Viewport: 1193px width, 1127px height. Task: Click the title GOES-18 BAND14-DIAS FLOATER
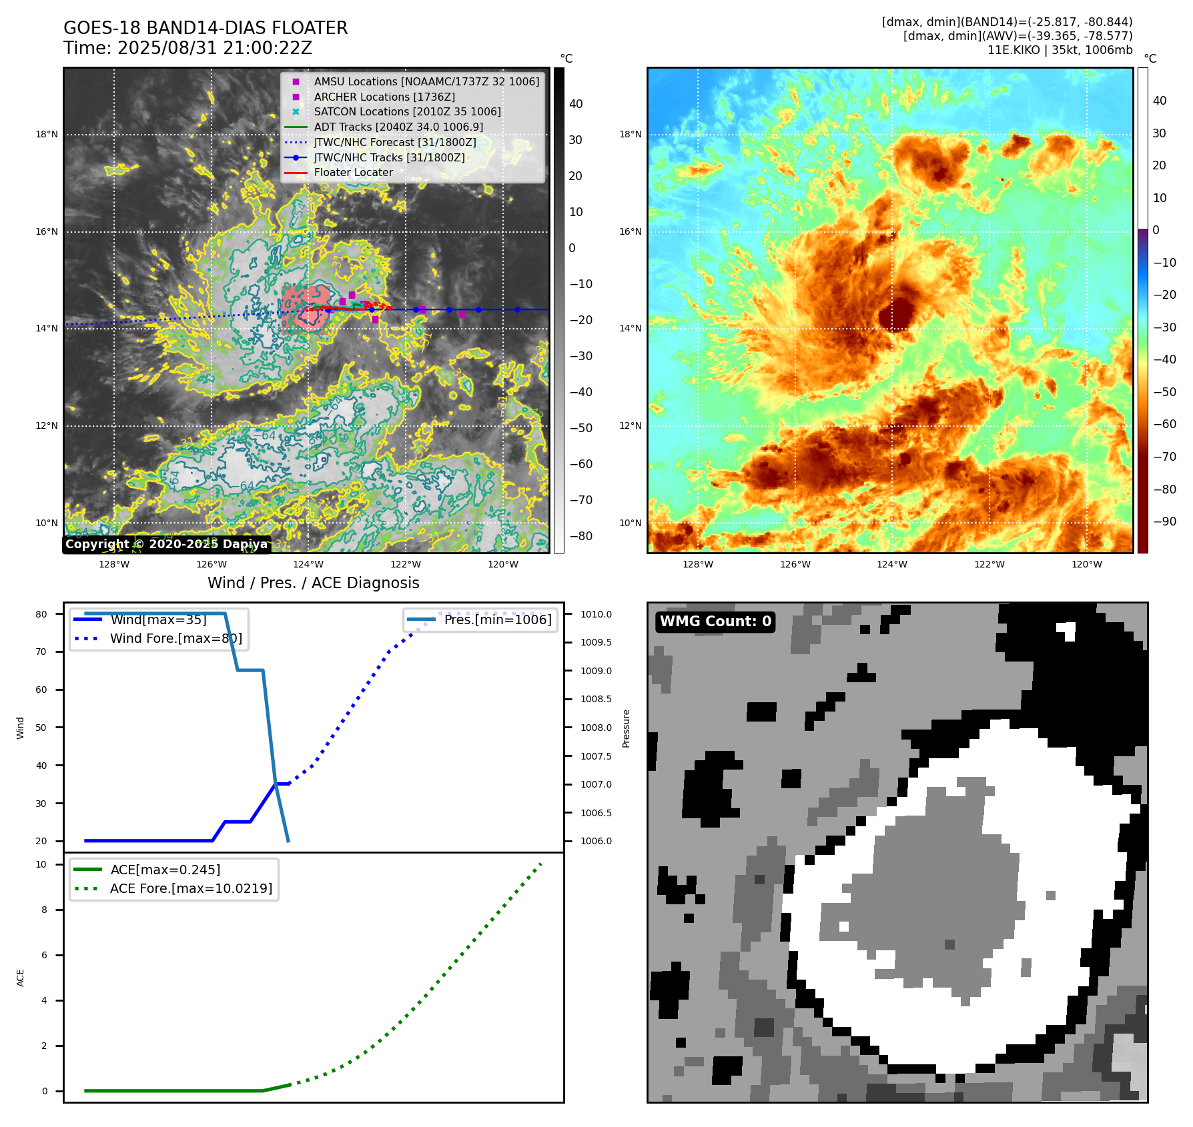coord(206,28)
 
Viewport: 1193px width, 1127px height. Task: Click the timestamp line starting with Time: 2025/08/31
coord(187,48)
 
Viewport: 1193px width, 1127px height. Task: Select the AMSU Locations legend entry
coord(426,81)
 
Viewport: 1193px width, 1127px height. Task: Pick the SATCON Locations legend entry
coord(407,111)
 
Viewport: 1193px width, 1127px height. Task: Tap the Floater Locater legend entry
coord(353,172)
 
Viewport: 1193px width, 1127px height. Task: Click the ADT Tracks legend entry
coord(398,127)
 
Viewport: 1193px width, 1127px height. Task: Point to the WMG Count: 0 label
coord(715,622)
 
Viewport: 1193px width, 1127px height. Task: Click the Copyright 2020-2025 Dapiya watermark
coord(167,544)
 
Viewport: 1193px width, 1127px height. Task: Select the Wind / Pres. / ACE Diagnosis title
coord(314,583)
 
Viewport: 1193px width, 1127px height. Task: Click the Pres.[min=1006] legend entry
coord(498,620)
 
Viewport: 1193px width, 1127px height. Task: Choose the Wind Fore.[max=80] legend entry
coord(175,638)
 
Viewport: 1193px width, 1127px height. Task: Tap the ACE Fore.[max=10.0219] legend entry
coord(191,888)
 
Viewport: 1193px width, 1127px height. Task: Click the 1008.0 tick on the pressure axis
coord(596,728)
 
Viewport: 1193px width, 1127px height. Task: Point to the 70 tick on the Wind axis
coord(41,652)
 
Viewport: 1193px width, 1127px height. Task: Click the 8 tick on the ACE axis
coord(45,910)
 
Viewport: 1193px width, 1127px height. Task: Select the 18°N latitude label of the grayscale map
coord(47,135)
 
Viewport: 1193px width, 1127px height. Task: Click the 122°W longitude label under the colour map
coord(989,564)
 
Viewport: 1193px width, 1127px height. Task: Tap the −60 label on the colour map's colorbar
coord(1165,424)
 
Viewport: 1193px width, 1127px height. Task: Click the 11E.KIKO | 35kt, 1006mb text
coord(1060,50)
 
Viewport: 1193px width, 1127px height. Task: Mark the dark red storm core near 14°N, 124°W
coord(895,313)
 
